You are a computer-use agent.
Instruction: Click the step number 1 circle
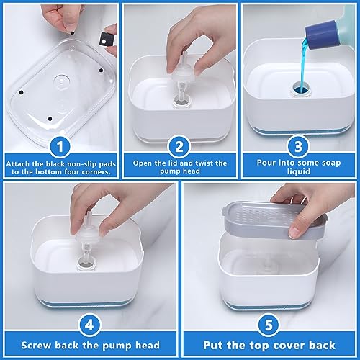(60, 146)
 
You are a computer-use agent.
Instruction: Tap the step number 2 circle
(179, 146)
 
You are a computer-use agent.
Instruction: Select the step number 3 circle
(298, 146)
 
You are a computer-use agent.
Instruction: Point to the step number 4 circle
(89, 325)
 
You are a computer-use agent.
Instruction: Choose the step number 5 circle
(269, 325)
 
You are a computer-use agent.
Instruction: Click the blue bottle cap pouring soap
(321, 35)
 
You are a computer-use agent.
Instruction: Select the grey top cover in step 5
(275, 220)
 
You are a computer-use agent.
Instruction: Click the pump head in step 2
(181, 73)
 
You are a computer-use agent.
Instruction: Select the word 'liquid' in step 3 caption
(298, 172)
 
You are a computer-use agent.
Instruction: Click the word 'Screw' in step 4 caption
(36, 346)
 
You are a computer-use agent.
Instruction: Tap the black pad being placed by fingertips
(72, 33)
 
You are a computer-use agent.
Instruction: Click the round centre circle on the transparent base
(61, 82)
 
